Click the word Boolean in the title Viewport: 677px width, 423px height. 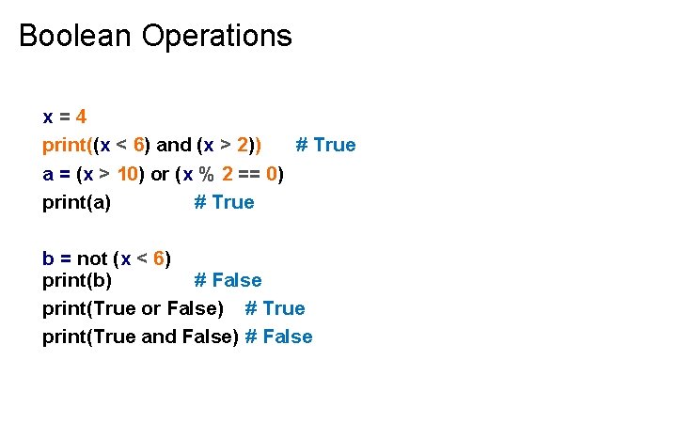coord(76,36)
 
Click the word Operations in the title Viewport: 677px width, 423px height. coord(217,36)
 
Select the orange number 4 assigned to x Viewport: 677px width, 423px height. coord(82,117)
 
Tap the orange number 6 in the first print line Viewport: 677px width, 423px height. coord(138,145)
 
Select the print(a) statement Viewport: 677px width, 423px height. coord(76,202)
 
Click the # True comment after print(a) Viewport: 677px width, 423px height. coord(224,202)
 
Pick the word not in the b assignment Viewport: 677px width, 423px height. coord(91,258)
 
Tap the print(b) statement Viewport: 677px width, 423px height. coord(76,280)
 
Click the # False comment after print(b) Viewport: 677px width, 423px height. coord(228,280)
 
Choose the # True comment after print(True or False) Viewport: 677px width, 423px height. coord(275,308)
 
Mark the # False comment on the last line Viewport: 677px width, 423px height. coord(278,337)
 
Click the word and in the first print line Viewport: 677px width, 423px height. coord(173,145)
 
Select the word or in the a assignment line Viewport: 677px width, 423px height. coord(160,174)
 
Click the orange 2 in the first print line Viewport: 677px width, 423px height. coord(243,145)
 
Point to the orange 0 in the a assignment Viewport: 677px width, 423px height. coord(272,174)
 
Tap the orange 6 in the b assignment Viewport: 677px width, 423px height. coord(158,258)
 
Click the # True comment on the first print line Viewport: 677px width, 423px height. coord(325,145)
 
